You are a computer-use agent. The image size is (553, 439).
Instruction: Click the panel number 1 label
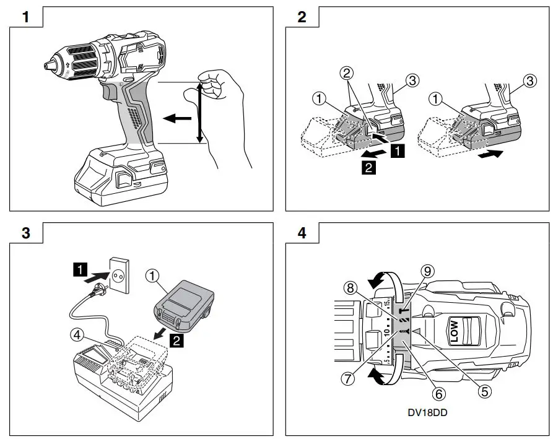pos(26,17)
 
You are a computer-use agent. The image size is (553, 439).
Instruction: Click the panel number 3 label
pos(26,233)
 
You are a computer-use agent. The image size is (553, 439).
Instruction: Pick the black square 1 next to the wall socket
pos(79,269)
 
